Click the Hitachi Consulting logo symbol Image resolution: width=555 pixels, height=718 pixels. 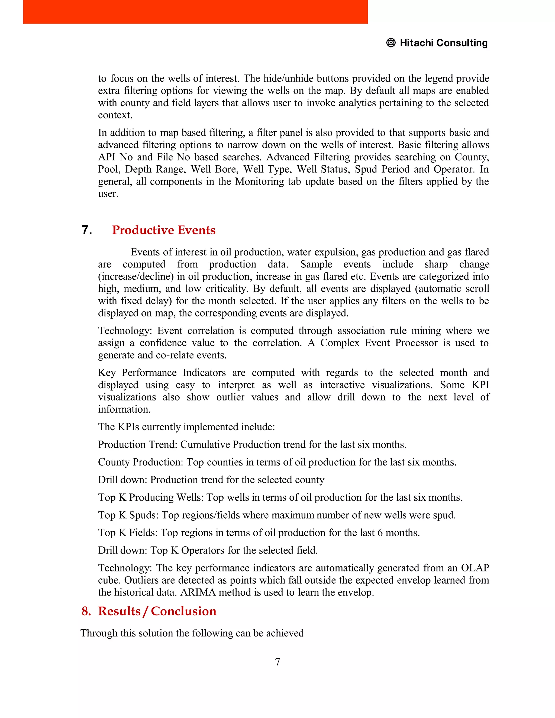pyautogui.click(x=391, y=43)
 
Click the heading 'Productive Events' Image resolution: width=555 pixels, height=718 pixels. pyautogui.click(x=163, y=230)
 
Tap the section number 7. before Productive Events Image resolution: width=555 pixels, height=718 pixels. pyautogui.click(x=87, y=230)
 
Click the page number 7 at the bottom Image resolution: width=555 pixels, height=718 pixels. pyautogui.click(x=277, y=662)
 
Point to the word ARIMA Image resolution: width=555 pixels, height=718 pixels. pyautogui.click(x=198, y=592)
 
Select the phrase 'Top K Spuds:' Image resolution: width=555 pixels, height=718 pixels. pyautogui.click(x=128, y=515)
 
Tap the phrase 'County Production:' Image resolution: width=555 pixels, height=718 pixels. pyautogui.click(x=141, y=462)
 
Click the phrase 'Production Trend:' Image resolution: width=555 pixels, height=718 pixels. pyautogui.click(x=138, y=444)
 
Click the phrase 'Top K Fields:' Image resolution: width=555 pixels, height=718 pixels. pyautogui.click(x=128, y=533)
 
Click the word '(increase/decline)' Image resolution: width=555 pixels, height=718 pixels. pyautogui.click(x=136, y=276)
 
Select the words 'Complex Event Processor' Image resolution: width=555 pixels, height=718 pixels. pyautogui.click(x=379, y=343)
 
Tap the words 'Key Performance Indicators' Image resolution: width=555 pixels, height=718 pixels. pyautogui.click(x=162, y=373)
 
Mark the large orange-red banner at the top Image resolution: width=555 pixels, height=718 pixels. pyautogui.click(x=195, y=12)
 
